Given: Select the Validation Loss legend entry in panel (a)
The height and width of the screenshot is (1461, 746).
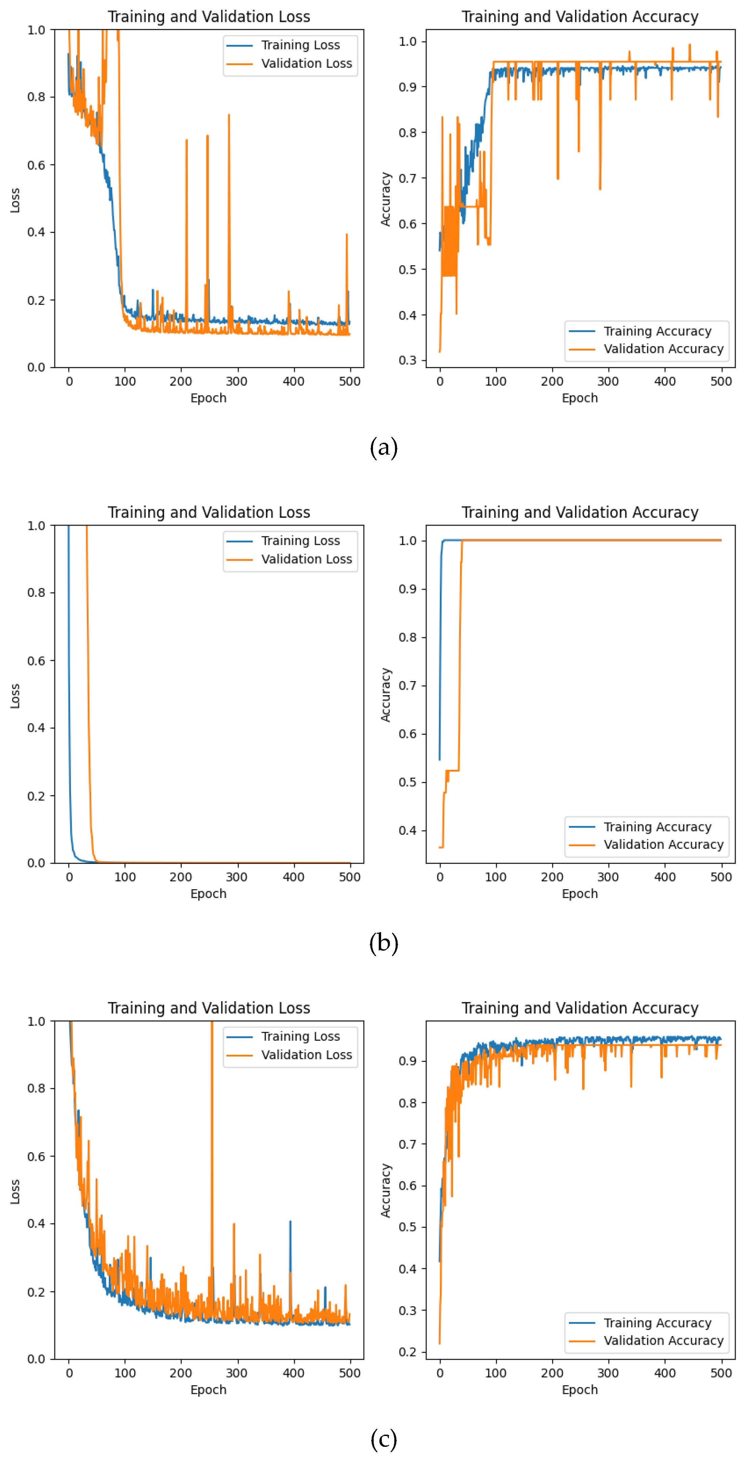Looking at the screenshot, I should pyautogui.click(x=306, y=64).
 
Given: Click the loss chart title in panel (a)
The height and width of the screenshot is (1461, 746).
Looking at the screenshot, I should pyautogui.click(x=208, y=17).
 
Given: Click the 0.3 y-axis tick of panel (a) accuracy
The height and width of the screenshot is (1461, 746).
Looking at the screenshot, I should pyautogui.click(x=407, y=360).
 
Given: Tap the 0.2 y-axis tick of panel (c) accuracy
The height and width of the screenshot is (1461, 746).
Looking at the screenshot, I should pyautogui.click(x=407, y=1352).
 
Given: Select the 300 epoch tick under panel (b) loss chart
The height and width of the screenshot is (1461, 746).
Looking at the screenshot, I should pyautogui.click(x=237, y=877).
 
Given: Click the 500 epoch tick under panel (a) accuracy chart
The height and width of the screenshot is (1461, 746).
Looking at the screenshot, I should pyautogui.click(x=721, y=381).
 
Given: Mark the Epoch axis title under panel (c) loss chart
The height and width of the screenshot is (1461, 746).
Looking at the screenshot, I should pyautogui.click(x=208, y=1390).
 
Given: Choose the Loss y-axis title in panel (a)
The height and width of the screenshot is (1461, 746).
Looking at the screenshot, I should pyautogui.click(x=15, y=200).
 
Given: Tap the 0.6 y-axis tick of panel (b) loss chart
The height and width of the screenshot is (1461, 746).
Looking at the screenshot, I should pyautogui.click(x=36, y=661).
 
